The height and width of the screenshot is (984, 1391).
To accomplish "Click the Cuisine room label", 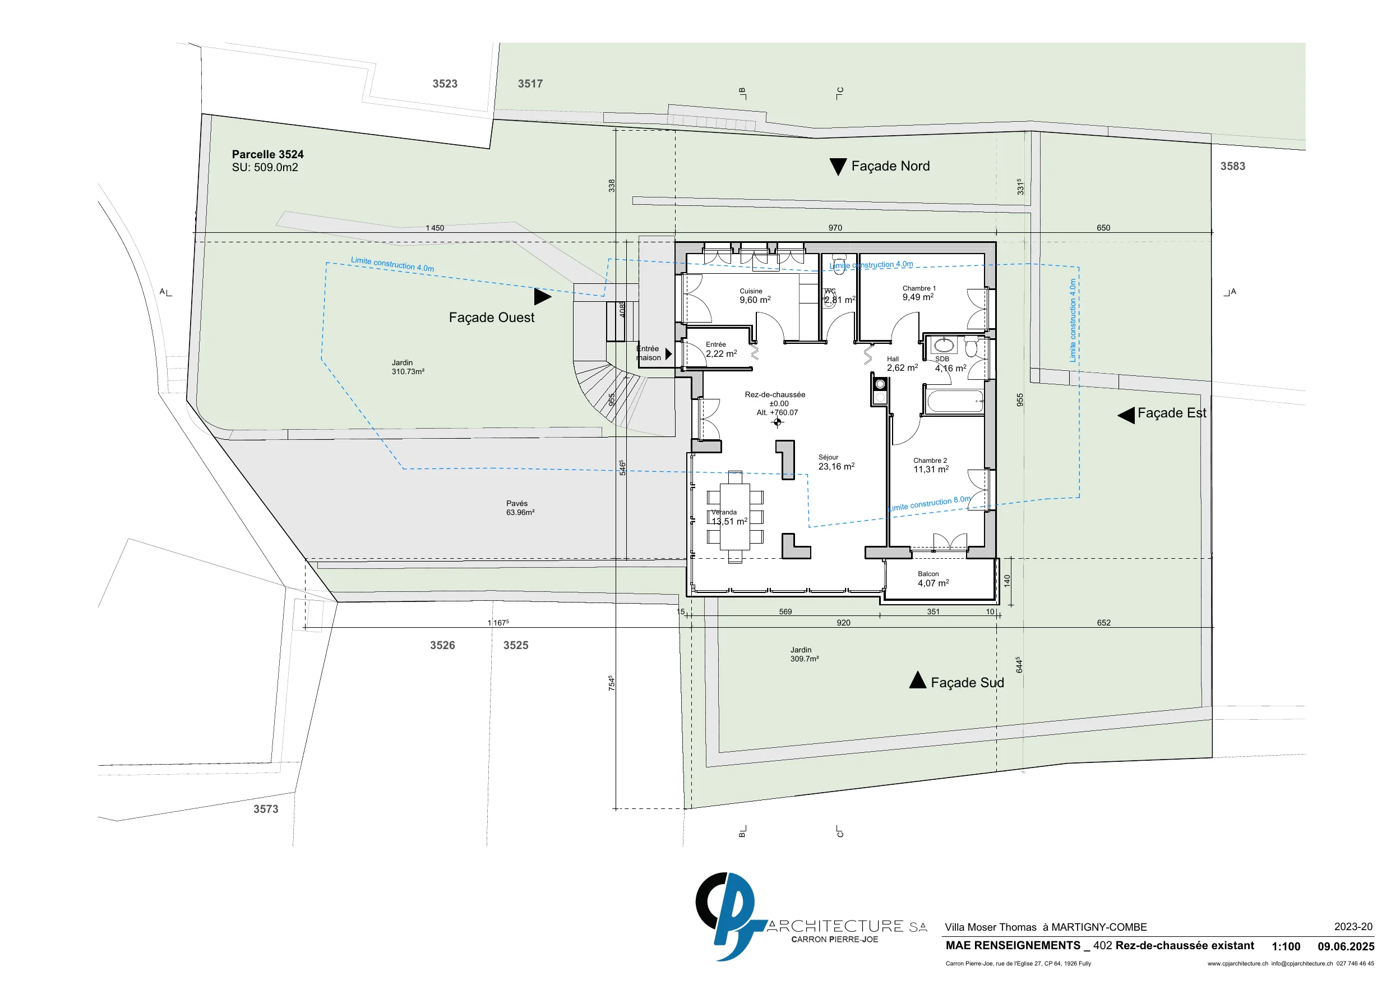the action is point(751,291).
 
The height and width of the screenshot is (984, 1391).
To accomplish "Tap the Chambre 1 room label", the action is point(919,288).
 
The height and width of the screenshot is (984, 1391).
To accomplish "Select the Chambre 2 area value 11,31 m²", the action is point(931,469).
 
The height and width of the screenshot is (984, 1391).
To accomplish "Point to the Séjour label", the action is point(828,457).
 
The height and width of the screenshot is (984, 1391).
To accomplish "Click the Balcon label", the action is point(928,573).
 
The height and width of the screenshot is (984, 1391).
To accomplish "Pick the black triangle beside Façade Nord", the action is point(838,167).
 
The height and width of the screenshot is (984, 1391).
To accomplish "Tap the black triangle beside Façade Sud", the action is point(918,680).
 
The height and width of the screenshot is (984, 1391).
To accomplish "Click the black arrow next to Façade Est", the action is point(1126,415).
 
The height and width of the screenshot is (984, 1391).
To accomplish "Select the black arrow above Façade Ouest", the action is point(543,296).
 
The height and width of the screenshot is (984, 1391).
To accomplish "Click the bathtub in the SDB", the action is point(954,401).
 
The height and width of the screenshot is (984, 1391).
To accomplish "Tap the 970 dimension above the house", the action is point(835,228).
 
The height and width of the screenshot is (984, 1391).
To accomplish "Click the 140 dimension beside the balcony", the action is point(1007,580).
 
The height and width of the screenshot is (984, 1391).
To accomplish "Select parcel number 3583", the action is point(1233,166).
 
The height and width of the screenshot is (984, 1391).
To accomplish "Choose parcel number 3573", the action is point(266,809).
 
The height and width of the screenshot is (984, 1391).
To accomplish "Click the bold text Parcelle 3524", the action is point(268,154).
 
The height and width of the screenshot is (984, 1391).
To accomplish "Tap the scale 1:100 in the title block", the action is point(1286,946).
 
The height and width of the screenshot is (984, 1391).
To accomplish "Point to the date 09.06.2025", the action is point(1346,946).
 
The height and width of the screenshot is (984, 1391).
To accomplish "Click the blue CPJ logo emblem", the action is point(731,916).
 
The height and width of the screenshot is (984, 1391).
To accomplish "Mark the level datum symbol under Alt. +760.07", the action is point(778,422).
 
